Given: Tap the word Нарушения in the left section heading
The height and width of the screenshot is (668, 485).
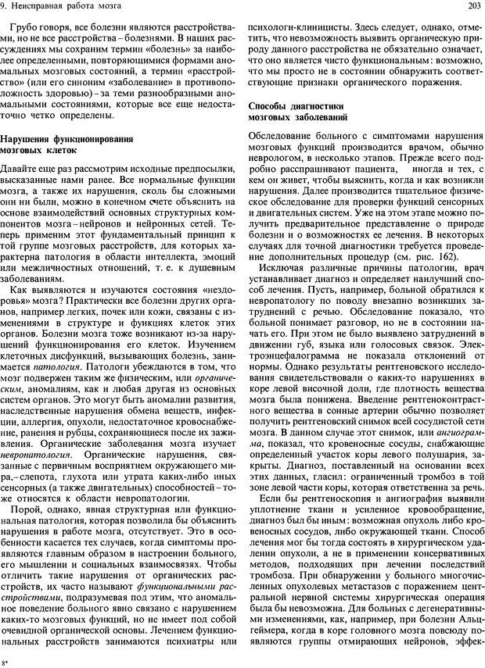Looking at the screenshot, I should tap(29, 138).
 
